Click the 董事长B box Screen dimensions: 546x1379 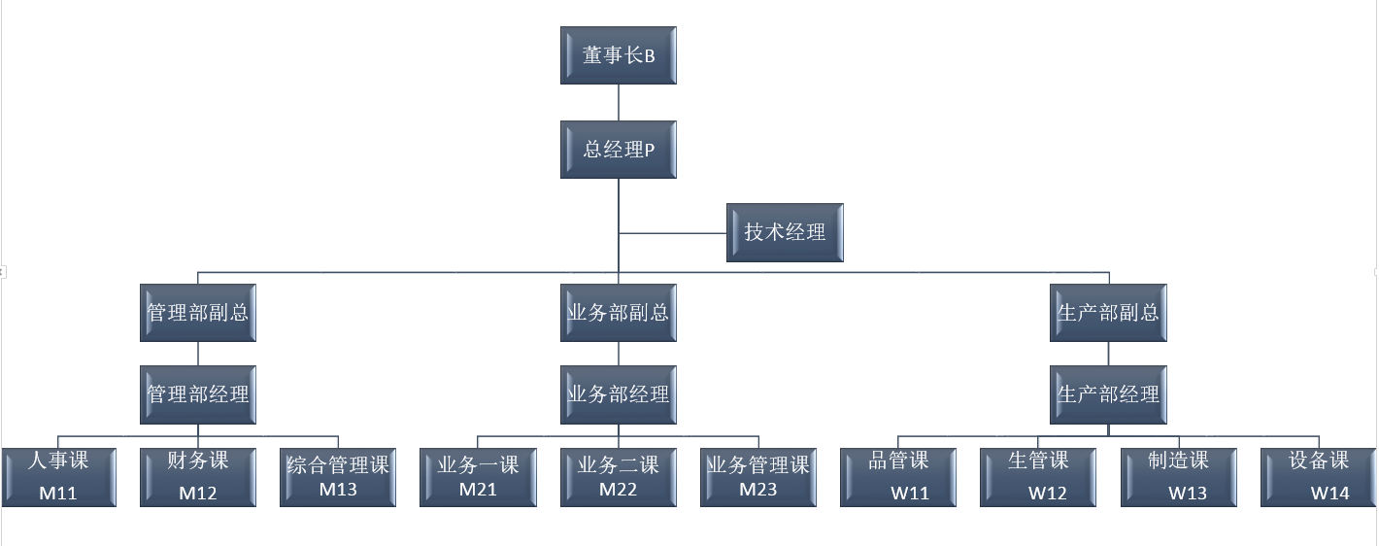pyautogui.click(x=619, y=55)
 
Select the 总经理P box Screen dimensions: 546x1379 pyautogui.click(x=619, y=150)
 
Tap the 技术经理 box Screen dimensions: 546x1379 pyautogui.click(x=785, y=232)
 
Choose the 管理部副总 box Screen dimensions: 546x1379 pyautogui.click(x=198, y=313)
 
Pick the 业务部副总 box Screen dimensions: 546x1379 pyautogui.click(x=619, y=313)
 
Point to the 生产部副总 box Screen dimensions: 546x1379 pyautogui.click(x=1108, y=313)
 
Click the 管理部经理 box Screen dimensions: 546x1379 pyautogui.click(x=198, y=394)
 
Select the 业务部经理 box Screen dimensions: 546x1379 pyautogui.click(x=619, y=394)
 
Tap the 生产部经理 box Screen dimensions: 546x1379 pyautogui.click(x=1108, y=394)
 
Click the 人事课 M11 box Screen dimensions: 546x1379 pyautogui.click(x=58, y=477)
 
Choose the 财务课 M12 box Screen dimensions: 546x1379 pyautogui.click(x=198, y=477)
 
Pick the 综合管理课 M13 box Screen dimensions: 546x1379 pyautogui.click(x=338, y=477)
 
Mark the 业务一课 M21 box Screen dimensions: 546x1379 pyautogui.click(x=478, y=477)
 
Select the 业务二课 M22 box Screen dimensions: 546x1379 pyautogui.click(x=619, y=477)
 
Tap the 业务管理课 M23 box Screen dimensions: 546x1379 pyautogui.click(x=758, y=477)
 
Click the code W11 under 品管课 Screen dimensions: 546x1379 pyautogui.click(x=910, y=493)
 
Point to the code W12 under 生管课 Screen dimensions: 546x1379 pyautogui.click(x=1048, y=493)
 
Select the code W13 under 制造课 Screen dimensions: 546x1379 pyautogui.click(x=1188, y=493)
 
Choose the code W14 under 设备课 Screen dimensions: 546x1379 pyautogui.click(x=1329, y=493)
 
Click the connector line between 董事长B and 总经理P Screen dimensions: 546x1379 pyautogui.click(x=619, y=102)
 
